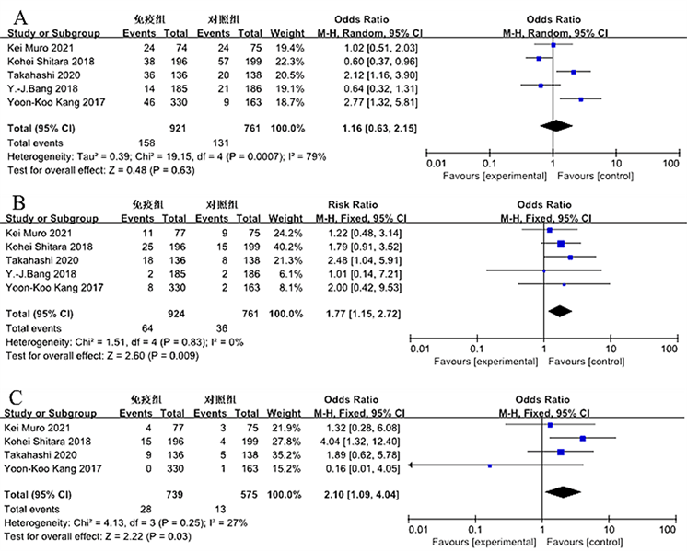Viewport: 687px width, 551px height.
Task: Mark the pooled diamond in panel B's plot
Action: (559, 311)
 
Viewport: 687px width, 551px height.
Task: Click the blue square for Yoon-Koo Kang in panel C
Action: (490, 465)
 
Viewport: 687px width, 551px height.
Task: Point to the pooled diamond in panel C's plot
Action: (564, 492)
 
